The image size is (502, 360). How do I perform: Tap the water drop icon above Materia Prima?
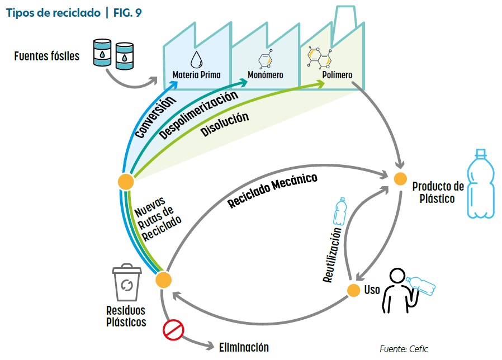pos(196,59)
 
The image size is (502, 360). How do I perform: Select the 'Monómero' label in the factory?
pos(266,75)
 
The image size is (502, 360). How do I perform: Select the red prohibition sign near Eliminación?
pos(173,330)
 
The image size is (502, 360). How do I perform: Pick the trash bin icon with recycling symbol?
pos(126,283)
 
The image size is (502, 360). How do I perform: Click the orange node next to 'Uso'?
pos(353,291)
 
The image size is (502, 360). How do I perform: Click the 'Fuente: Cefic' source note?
pos(404,349)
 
